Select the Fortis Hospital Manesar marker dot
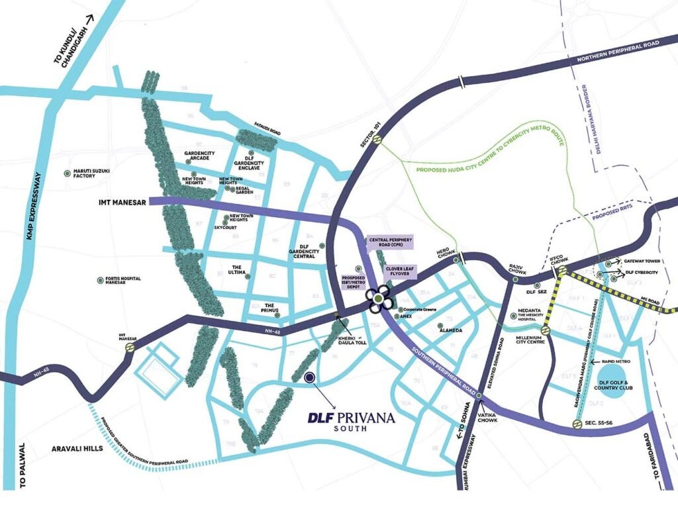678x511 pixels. click(x=100, y=280)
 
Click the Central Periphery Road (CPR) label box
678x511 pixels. click(x=391, y=242)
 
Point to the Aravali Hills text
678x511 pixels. click(x=75, y=449)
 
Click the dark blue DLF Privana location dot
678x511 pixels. click(x=309, y=377)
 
